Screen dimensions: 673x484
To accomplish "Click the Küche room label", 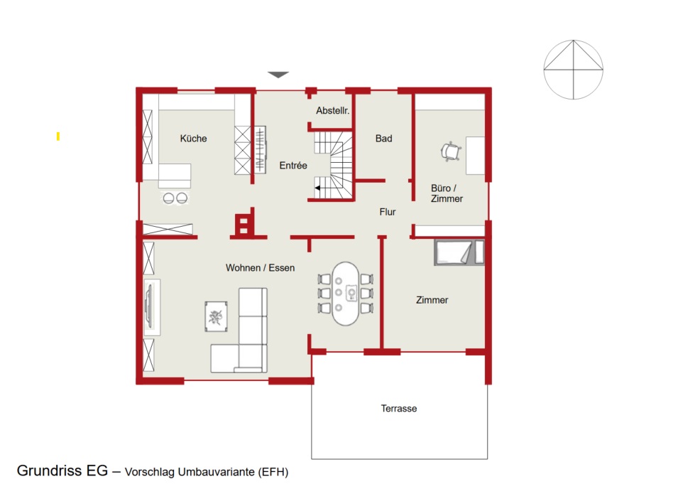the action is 193,139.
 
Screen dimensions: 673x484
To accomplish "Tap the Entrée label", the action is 293,166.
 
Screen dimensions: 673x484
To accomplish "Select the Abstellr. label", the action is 333,110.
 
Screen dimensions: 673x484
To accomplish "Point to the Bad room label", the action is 384,139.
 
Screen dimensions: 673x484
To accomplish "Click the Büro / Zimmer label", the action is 447,193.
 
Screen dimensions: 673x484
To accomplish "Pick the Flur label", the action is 388,212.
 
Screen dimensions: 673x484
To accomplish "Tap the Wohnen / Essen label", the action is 260,268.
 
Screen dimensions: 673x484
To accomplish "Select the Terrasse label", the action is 399,409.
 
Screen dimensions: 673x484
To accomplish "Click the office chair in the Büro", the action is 451,151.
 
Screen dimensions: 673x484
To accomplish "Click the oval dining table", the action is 346,294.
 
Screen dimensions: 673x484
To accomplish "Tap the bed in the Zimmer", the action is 459,252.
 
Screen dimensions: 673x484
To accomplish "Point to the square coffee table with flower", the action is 216,316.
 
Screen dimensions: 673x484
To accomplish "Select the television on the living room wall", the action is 148,307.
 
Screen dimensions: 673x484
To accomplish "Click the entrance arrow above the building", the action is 278,75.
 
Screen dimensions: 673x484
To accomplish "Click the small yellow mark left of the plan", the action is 58,136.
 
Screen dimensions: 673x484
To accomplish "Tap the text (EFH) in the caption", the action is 273,472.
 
